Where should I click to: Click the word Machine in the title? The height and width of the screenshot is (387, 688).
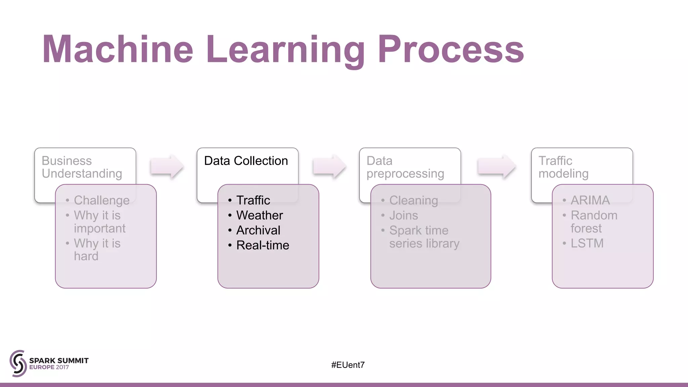118,49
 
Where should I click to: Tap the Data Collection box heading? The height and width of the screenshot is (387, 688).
246,161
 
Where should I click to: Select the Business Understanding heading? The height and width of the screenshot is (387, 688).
82,167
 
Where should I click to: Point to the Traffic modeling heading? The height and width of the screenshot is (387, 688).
563,167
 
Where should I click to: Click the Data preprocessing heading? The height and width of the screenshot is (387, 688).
405,167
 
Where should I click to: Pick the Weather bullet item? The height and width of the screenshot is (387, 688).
259,215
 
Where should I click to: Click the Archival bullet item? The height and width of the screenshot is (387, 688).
258,230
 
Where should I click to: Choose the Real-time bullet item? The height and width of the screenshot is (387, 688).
262,245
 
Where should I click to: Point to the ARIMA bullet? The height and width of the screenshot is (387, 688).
590,201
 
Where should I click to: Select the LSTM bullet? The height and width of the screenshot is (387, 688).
587,243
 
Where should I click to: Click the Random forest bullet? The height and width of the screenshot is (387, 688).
593,222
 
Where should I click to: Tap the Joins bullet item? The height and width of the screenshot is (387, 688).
403,215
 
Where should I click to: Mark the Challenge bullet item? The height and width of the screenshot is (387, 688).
101,201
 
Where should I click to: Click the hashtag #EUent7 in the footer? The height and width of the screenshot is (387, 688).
348,365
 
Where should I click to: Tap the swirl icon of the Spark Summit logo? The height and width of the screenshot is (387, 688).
18,363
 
